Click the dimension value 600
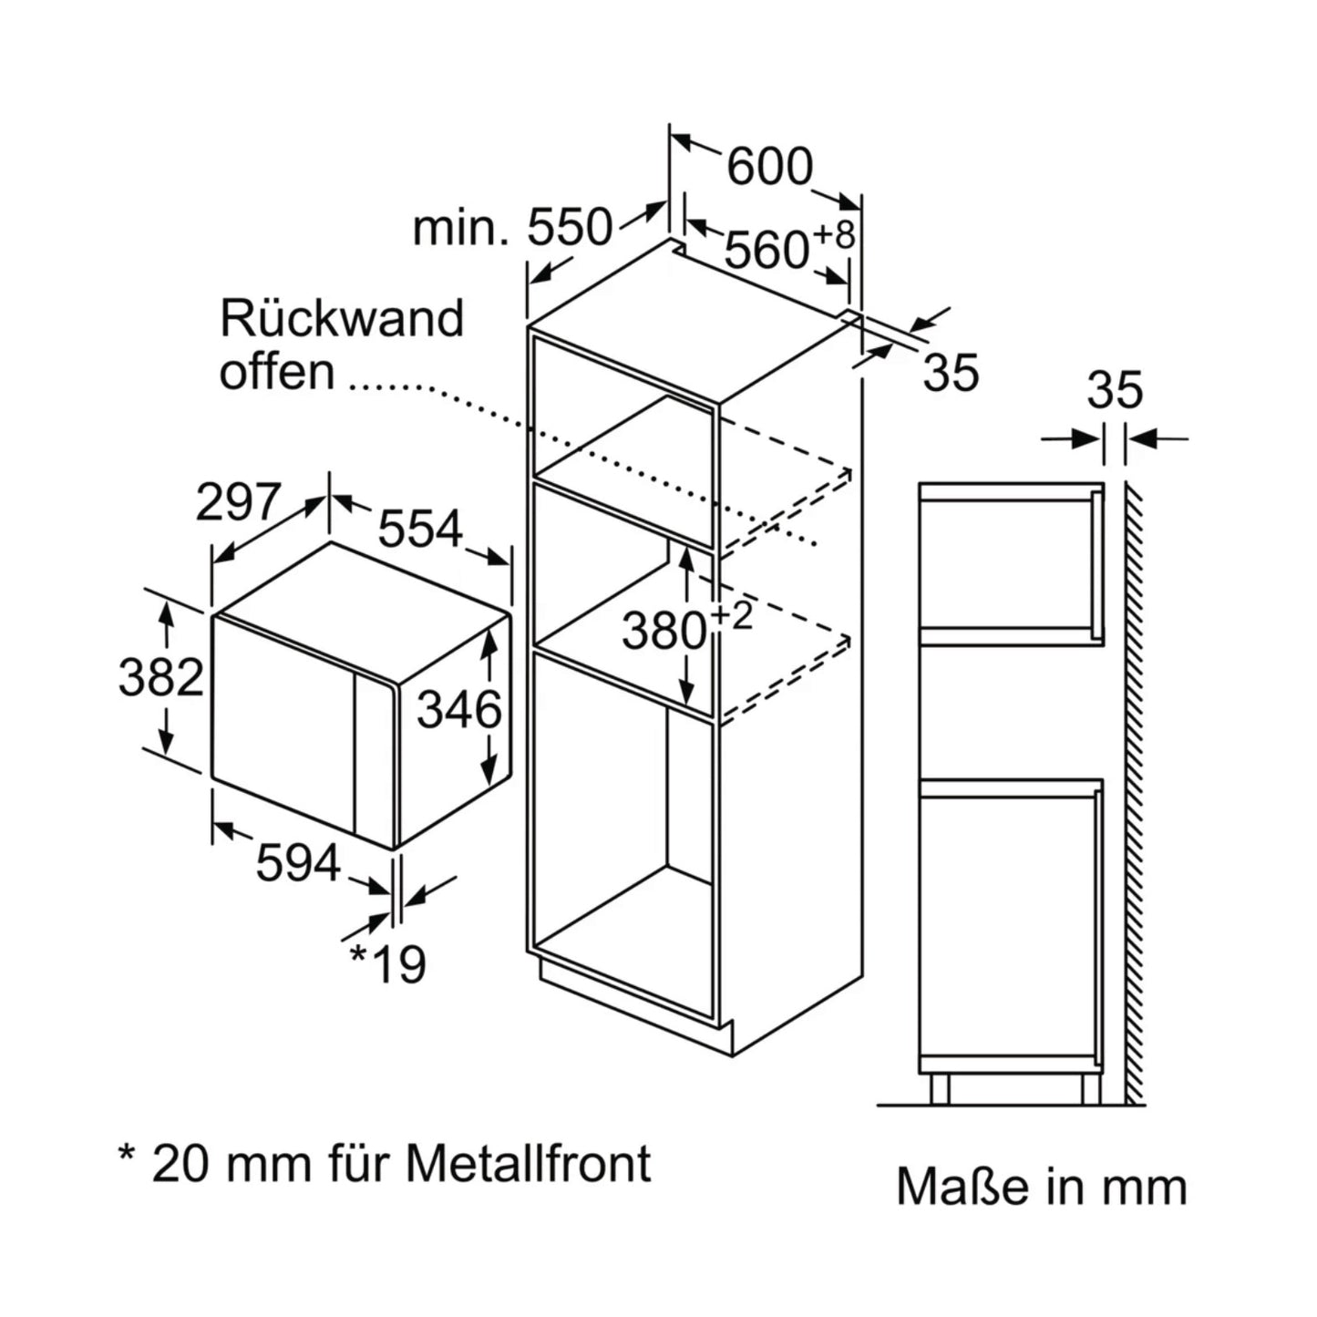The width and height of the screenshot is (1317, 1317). (x=769, y=167)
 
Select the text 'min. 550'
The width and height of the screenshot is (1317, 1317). (x=512, y=228)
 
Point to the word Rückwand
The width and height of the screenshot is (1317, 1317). (x=342, y=319)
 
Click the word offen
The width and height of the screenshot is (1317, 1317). (x=276, y=372)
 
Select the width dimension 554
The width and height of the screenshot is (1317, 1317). (x=420, y=528)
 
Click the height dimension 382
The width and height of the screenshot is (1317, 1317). (x=160, y=678)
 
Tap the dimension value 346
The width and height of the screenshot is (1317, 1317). (x=459, y=709)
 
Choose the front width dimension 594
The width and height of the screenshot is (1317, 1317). (x=297, y=862)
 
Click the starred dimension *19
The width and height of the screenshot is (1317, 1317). (x=389, y=964)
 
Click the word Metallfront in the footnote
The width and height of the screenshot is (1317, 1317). (x=529, y=1163)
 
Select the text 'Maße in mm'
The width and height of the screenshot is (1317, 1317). (x=1041, y=1187)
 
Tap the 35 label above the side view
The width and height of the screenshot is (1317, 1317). (x=1115, y=390)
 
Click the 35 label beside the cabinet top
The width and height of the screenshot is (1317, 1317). (x=951, y=372)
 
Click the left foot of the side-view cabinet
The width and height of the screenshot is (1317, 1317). (x=939, y=1087)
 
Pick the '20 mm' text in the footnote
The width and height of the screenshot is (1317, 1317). (x=219, y=1163)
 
